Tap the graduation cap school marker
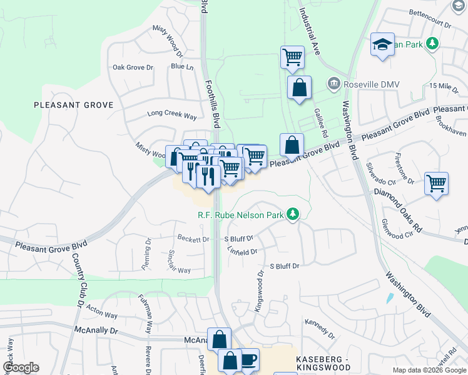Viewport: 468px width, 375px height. click(382, 45)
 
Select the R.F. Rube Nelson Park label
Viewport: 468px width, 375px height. click(241, 216)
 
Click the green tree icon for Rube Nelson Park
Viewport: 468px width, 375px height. click(292, 215)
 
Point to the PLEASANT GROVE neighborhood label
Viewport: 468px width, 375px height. click(74, 105)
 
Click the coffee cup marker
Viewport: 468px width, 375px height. click(248, 359)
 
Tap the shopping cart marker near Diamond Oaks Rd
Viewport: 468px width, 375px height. click(436, 184)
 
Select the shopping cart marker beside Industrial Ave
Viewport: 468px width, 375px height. click(292, 57)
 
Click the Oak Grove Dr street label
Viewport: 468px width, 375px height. click(133, 67)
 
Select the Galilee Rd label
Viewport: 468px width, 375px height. click(321, 122)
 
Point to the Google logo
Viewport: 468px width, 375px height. click(21, 367)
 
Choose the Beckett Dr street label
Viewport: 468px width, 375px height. click(193, 239)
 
